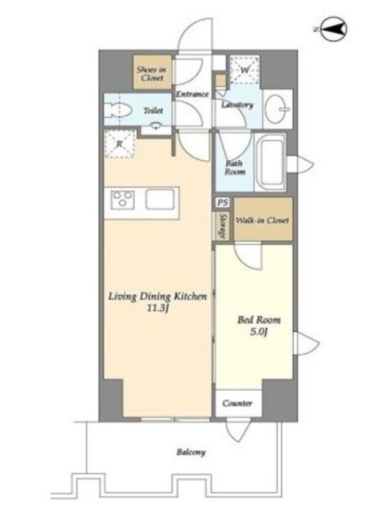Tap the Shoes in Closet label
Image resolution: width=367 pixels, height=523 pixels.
pyautogui.click(x=152, y=74)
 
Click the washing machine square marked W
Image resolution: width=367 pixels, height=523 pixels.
pyautogui.click(x=245, y=70)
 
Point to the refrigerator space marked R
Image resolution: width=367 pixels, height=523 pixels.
pyautogui.click(x=120, y=144)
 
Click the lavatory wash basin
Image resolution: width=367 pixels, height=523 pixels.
pyautogui.click(x=278, y=108)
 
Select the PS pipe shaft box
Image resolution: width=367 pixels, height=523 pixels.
pyautogui.click(x=223, y=202)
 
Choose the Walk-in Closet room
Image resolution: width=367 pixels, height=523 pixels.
pyautogui.click(x=263, y=219)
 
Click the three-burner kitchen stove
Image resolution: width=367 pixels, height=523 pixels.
pyautogui.click(x=123, y=199)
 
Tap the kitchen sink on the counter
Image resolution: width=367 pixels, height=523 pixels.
pyautogui.click(x=160, y=199)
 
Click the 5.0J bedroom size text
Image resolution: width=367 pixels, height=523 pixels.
pyautogui.click(x=259, y=332)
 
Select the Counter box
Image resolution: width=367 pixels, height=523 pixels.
pyautogui.click(x=238, y=403)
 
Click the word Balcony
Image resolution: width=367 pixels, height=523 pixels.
pyautogui.click(x=191, y=452)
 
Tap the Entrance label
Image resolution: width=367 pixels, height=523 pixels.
pyautogui.click(x=192, y=94)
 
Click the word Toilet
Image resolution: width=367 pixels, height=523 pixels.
pyautogui.click(x=154, y=110)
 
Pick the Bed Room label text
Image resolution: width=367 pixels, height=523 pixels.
pyautogui.click(x=259, y=320)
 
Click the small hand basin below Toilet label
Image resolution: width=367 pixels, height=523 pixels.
pyautogui.click(x=156, y=127)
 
